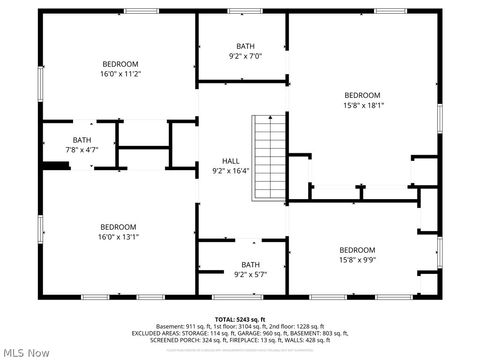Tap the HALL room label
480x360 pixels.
pos(230,161)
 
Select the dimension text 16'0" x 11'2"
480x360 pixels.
pos(120,73)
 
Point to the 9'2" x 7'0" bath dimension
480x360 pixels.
pos(245,56)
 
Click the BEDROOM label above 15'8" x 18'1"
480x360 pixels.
pos(362,94)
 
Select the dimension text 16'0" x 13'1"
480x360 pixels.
pos(119,237)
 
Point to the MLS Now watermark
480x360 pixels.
pos(27,352)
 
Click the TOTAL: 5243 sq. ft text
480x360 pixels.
pos(239,318)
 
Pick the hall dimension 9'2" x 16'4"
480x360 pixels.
pos(230,171)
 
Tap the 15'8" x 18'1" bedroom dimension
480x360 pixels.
pos(363,104)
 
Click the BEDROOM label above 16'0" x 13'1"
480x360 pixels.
pos(119,227)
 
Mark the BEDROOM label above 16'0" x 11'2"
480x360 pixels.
pos(120,63)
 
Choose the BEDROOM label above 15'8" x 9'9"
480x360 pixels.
pos(357,250)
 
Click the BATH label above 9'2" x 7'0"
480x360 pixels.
pos(245,46)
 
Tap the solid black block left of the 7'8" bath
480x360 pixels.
pos(55,166)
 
